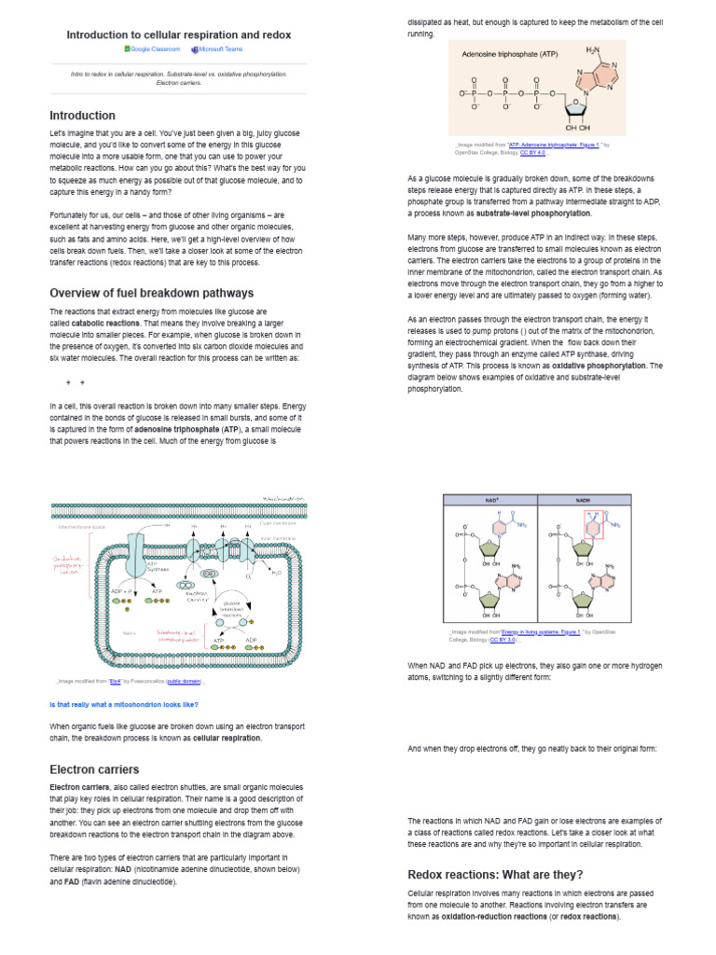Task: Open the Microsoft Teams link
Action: click(220, 49)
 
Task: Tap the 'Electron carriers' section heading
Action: click(94, 769)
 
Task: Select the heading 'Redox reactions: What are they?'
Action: click(495, 875)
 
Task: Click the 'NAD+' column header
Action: click(492, 500)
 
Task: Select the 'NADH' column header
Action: click(584, 500)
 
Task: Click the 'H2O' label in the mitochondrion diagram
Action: click(276, 572)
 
